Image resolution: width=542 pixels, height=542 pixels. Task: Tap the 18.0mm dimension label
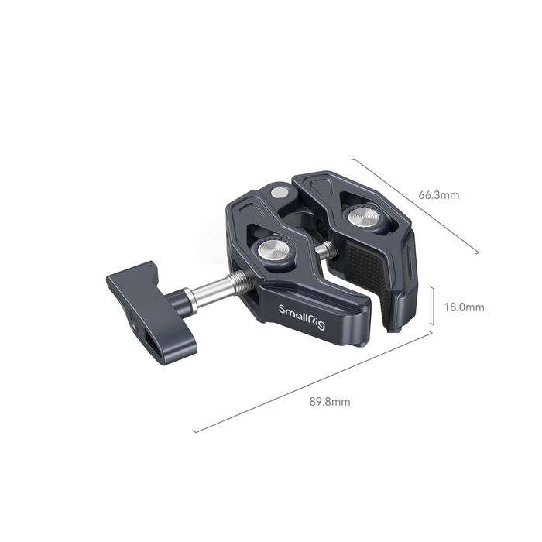(x=464, y=307)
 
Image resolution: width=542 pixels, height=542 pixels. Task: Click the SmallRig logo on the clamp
(x=302, y=317)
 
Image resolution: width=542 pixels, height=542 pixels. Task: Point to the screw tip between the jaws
(x=328, y=250)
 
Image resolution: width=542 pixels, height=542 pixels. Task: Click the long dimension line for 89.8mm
(x=313, y=382)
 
